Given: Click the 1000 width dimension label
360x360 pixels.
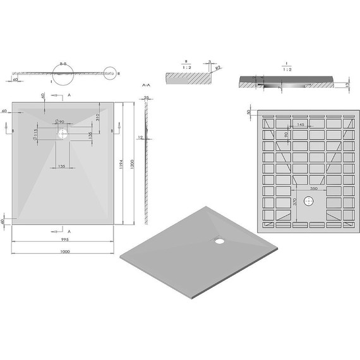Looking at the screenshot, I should click(x=65, y=251).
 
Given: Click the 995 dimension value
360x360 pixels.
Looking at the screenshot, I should click(x=65, y=240).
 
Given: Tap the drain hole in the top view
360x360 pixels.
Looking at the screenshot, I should click(x=63, y=134).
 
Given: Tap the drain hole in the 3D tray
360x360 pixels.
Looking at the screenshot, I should click(x=219, y=240).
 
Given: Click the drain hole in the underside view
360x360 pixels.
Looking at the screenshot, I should click(x=308, y=201).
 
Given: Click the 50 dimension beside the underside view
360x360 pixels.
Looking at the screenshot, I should click(x=249, y=112).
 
